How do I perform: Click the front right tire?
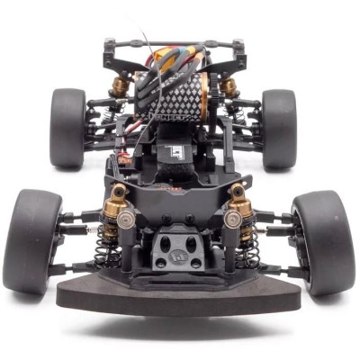point(323,241)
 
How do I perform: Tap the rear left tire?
point(67,128)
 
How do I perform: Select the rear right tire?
point(279,128)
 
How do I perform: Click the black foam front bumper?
point(180,293)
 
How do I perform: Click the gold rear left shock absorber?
point(120,88)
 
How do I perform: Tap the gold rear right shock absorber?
point(230,88)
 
